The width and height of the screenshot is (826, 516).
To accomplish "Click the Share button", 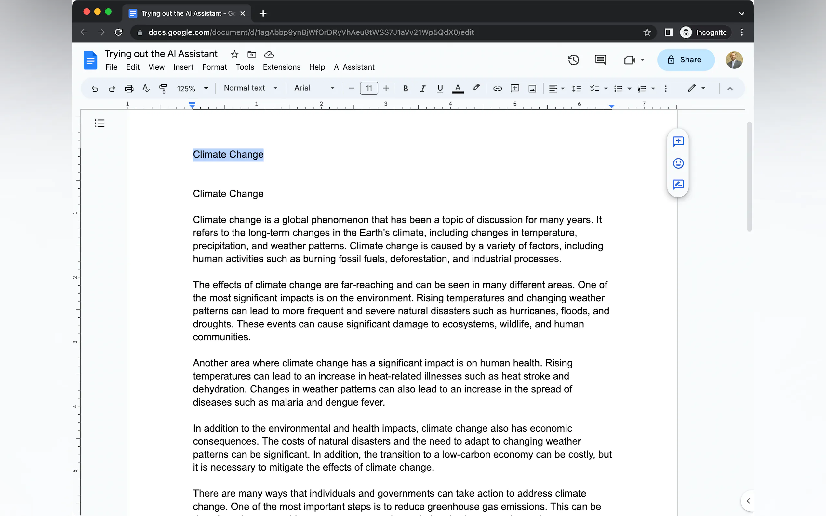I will click(685, 60).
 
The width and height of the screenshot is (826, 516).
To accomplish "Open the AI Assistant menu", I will click(354, 67).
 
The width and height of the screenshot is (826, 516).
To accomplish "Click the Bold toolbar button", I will click(405, 88).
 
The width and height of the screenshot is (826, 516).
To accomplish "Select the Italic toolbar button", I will click(422, 88).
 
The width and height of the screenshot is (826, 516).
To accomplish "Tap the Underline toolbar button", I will click(440, 88).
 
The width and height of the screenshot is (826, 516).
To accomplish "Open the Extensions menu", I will click(281, 67).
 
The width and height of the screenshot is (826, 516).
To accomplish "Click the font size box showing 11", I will click(369, 88).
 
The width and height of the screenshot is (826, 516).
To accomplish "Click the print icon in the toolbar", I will click(129, 89).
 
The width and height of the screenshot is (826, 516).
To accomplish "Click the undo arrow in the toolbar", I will click(95, 89).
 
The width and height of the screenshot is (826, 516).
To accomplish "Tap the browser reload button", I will click(118, 32).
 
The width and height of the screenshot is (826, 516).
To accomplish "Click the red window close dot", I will click(87, 12).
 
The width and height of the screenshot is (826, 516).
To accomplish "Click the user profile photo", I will click(734, 60).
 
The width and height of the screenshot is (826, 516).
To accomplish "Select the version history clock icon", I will click(573, 60).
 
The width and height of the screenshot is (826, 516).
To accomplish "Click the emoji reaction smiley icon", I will click(678, 163).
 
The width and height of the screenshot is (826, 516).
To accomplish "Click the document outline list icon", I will click(100, 123).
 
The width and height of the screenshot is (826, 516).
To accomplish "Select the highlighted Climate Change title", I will click(228, 155).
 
